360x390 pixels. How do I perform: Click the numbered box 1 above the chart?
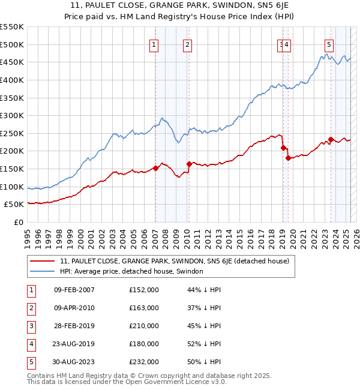pos(154,44)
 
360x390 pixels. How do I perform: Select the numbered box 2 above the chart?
pos(188,44)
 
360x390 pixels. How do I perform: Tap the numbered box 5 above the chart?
pos(329,44)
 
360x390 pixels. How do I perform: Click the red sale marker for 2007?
pos(155,168)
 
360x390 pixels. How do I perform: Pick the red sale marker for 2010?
pos(189,164)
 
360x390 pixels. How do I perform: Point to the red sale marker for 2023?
pos(331,139)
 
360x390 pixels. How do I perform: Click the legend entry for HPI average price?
pos(131,271)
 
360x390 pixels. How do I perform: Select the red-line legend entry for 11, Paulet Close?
pos(174,261)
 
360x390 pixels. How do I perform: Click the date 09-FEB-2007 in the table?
pos(74,290)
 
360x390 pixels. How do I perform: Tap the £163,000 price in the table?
pos(144,308)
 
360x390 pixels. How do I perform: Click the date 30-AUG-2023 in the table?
pos(74,362)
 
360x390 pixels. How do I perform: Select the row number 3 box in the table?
pos(31,326)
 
